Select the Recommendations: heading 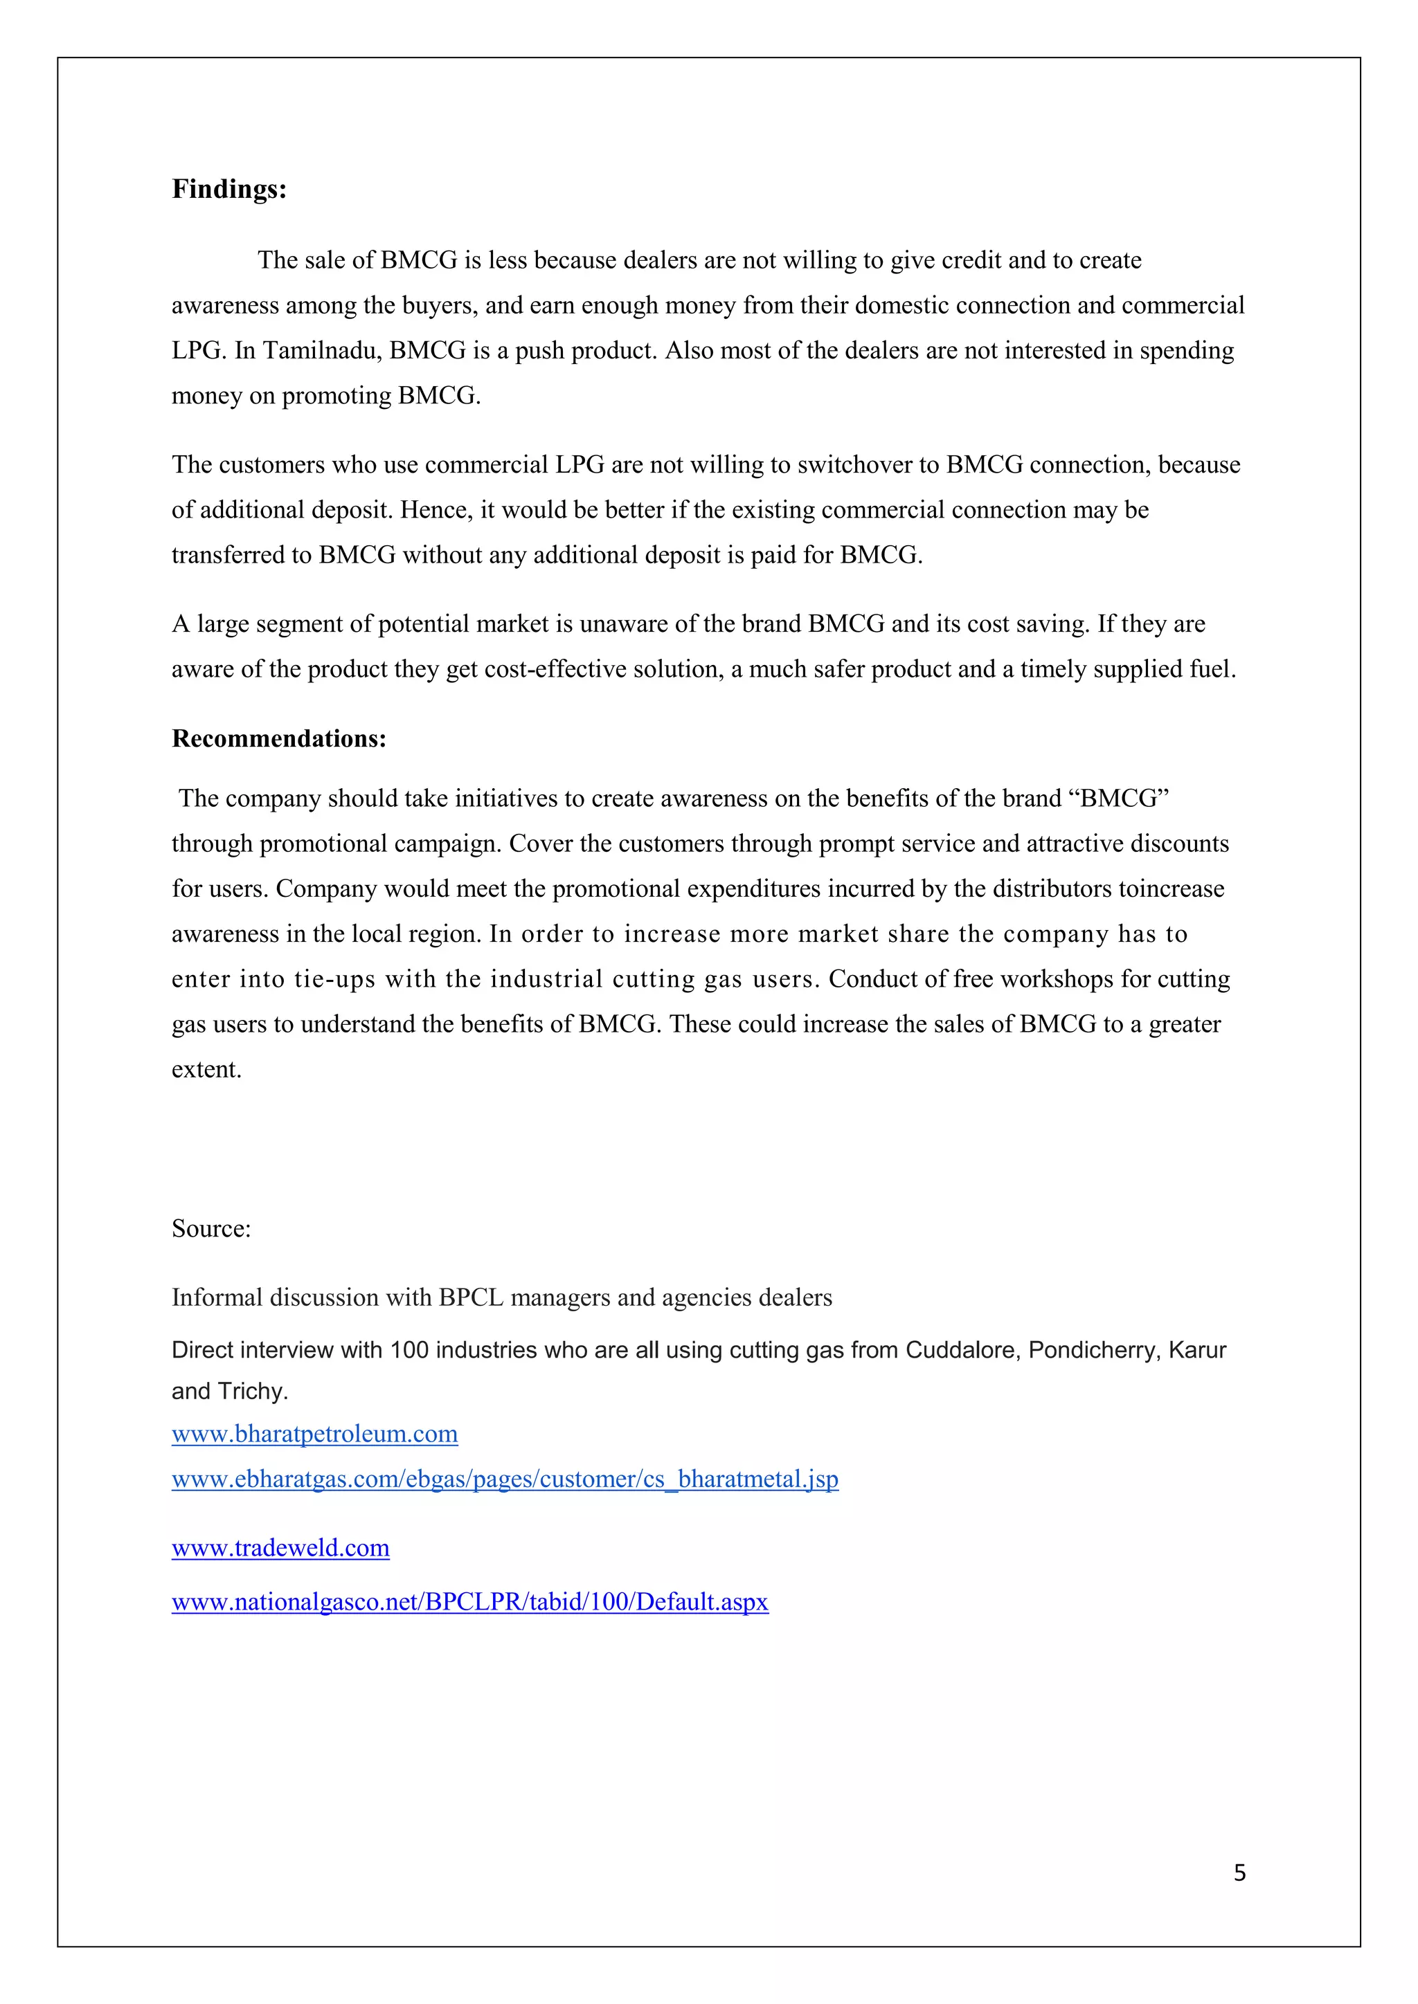tap(278, 738)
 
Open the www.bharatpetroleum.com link tap(314, 1434)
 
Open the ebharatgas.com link tap(505, 1479)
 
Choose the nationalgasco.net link tap(469, 1602)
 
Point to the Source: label tap(211, 1228)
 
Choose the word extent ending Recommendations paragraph tap(206, 1069)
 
